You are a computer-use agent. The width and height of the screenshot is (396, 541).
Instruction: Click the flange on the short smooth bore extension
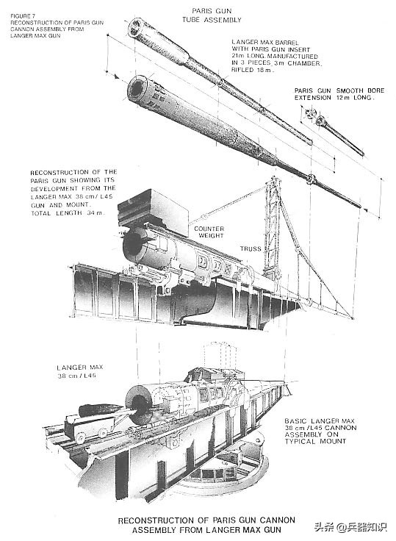pos(312,115)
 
